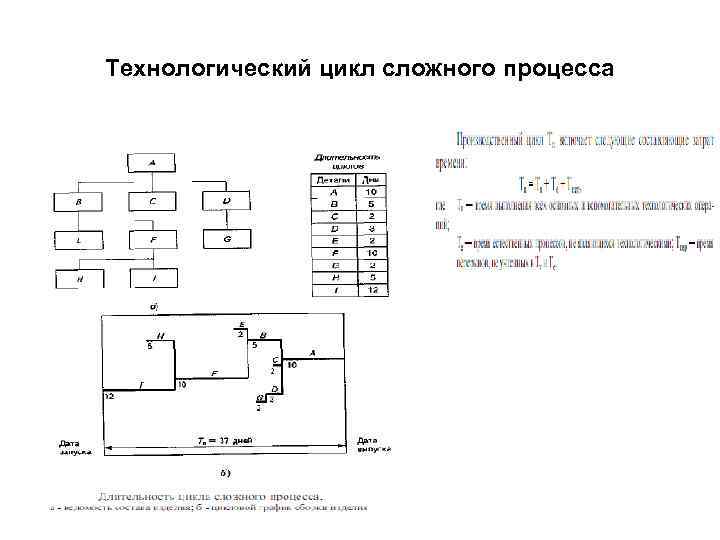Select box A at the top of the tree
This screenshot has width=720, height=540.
click(153, 162)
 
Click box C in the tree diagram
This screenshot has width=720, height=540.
click(153, 201)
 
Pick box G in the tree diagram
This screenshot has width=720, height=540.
click(228, 240)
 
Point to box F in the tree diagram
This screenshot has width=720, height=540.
click(153, 240)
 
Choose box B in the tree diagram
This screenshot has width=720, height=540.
click(78, 201)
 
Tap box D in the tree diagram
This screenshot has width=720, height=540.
click(228, 201)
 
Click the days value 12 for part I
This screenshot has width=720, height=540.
click(372, 290)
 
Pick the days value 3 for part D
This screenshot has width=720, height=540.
click(372, 229)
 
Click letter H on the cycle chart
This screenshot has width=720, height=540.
click(161, 336)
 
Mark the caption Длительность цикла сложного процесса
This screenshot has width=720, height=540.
click(209, 495)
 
